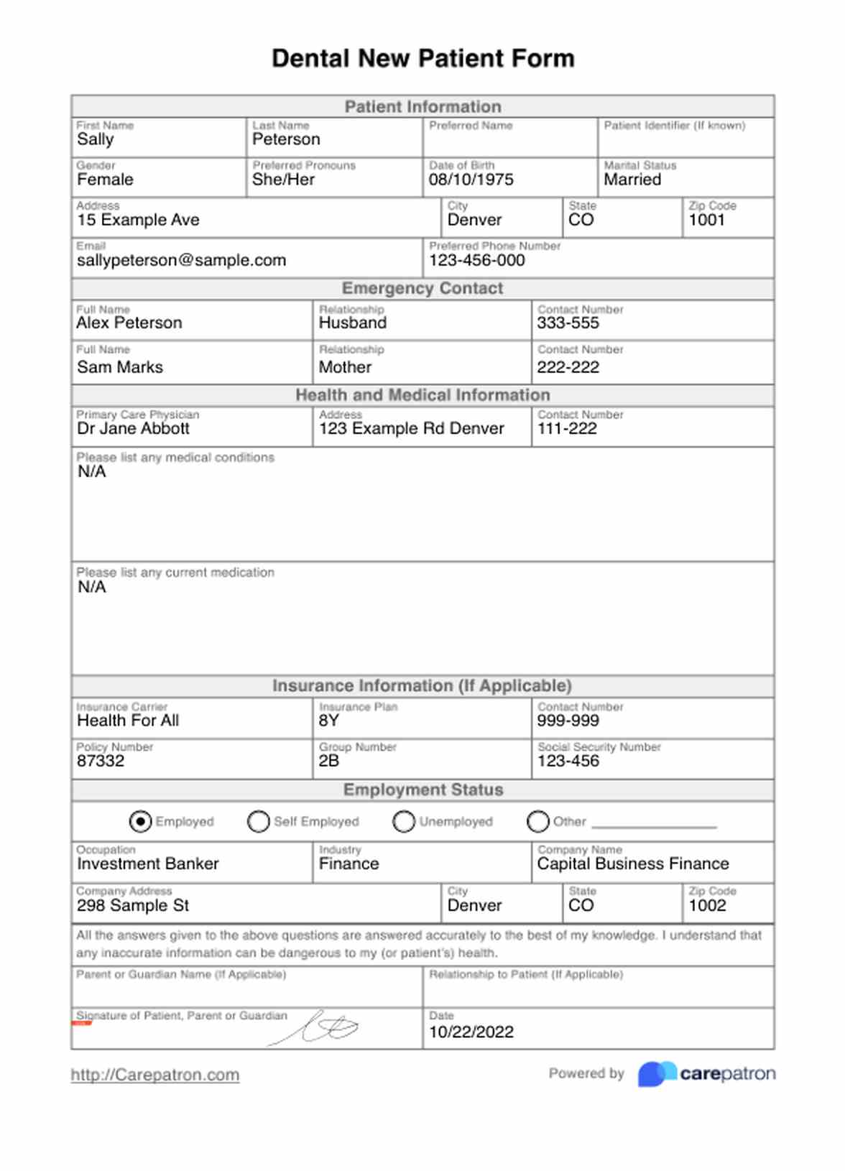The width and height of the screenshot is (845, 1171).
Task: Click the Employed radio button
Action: (x=140, y=821)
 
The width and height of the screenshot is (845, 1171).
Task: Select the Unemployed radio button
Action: (x=404, y=821)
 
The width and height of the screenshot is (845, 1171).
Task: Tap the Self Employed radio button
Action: (x=258, y=821)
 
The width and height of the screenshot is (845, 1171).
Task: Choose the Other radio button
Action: (x=537, y=821)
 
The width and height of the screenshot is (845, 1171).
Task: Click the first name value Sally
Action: (x=96, y=139)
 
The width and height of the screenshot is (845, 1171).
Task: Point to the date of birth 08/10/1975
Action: (x=471, y=180)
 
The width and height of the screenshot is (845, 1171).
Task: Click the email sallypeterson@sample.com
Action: (x=181, y=260)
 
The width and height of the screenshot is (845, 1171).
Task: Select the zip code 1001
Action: (x=707, y=220)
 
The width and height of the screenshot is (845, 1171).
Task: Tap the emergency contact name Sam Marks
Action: (x=120, y=367)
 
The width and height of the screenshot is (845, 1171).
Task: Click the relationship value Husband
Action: (x=353, y=323)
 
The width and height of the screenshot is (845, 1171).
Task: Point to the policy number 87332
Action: (x=101, y=761)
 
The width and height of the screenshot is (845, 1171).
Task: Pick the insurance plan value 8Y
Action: (x=329, y=721)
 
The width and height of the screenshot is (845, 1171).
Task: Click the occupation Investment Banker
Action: (x=148, y=864)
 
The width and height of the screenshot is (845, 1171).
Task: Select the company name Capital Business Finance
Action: (x=633, y=864)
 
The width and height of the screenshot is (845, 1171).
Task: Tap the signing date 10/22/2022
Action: (x=471, y=1032)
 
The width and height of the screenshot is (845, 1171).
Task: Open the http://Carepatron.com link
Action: (x=155, y=1075)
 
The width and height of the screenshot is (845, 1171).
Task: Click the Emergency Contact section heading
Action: (x=422, y=288)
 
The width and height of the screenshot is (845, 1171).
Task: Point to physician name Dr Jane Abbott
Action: (x=134, y=428)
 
